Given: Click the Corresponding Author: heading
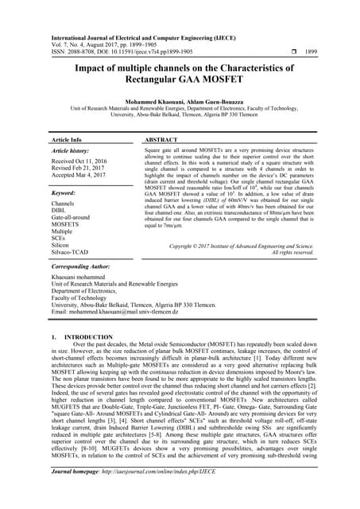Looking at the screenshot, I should [84, 268].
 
